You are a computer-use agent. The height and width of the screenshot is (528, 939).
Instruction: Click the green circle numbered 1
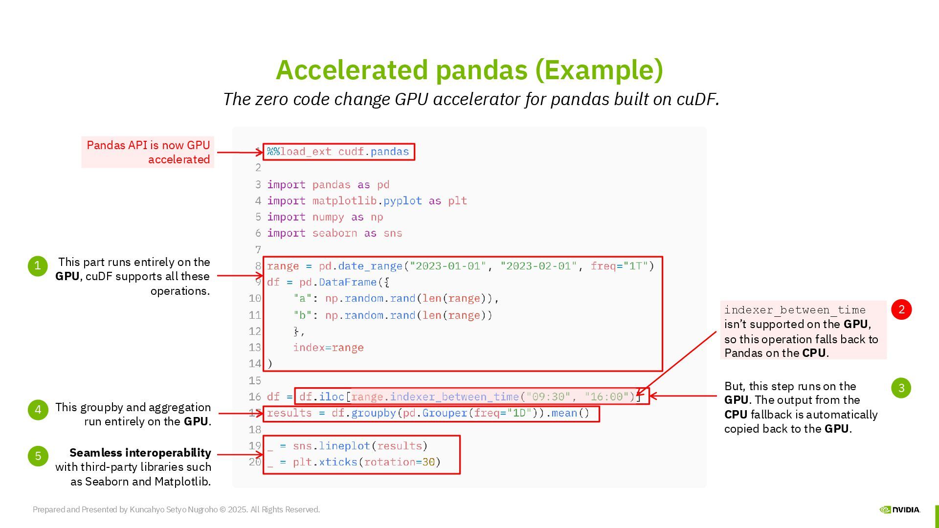[x=38, y=266]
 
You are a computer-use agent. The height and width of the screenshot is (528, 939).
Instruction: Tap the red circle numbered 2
[x=901, y=309]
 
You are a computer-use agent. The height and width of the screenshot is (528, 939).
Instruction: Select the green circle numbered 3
[x=901, y=388]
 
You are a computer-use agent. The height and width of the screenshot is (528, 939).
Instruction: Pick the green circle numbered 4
[x=38, y=410]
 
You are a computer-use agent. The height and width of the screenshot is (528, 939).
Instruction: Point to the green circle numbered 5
[x=38, y=456]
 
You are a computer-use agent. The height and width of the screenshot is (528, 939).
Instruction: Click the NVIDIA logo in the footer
[x=900, y=509]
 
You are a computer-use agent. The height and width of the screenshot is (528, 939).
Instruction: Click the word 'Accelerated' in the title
[x=352, y=70]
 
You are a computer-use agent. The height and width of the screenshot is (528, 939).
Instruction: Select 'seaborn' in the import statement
[x=335, y=233]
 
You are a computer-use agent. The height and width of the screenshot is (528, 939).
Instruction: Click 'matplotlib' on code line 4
[x=344, y=201]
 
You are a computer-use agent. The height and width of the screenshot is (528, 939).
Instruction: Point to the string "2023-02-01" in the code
[x=538, y=266]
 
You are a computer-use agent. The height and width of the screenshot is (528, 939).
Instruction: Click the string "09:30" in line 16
[x=548, y=396]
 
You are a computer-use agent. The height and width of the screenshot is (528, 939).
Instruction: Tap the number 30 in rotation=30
[x=428, y=462]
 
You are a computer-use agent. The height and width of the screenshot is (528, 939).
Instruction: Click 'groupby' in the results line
[x=373, y=413]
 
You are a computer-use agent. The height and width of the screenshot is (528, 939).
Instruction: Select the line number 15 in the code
[x=255, y=380]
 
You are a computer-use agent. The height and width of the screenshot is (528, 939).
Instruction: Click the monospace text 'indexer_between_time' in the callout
[x=795, y=310]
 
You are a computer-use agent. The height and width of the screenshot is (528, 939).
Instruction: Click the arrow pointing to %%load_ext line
[x=240, y=153]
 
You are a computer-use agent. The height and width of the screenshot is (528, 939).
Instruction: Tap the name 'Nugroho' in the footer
[x=202, y=509]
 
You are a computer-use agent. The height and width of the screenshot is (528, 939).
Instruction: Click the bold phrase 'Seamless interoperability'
[x=140, y=453]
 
